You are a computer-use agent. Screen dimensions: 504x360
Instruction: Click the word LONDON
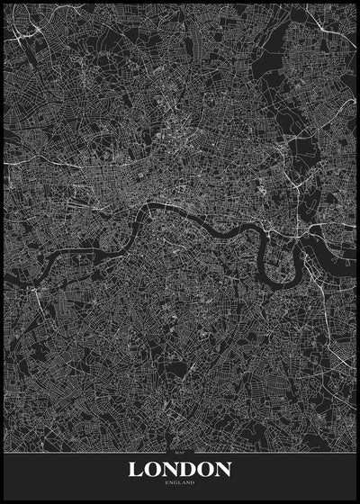point(180,469)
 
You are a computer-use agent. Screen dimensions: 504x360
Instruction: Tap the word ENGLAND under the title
point(180,483)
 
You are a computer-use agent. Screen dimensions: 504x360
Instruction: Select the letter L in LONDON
point(136,469)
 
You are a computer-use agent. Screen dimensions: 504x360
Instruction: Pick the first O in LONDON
point(152,469)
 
